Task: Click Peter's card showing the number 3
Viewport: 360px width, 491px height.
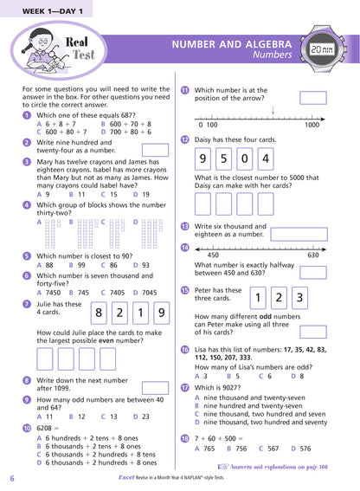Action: (297, 299)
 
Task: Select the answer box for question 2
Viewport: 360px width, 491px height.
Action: (154, 150)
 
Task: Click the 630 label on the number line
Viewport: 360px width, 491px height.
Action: (312, 255)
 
